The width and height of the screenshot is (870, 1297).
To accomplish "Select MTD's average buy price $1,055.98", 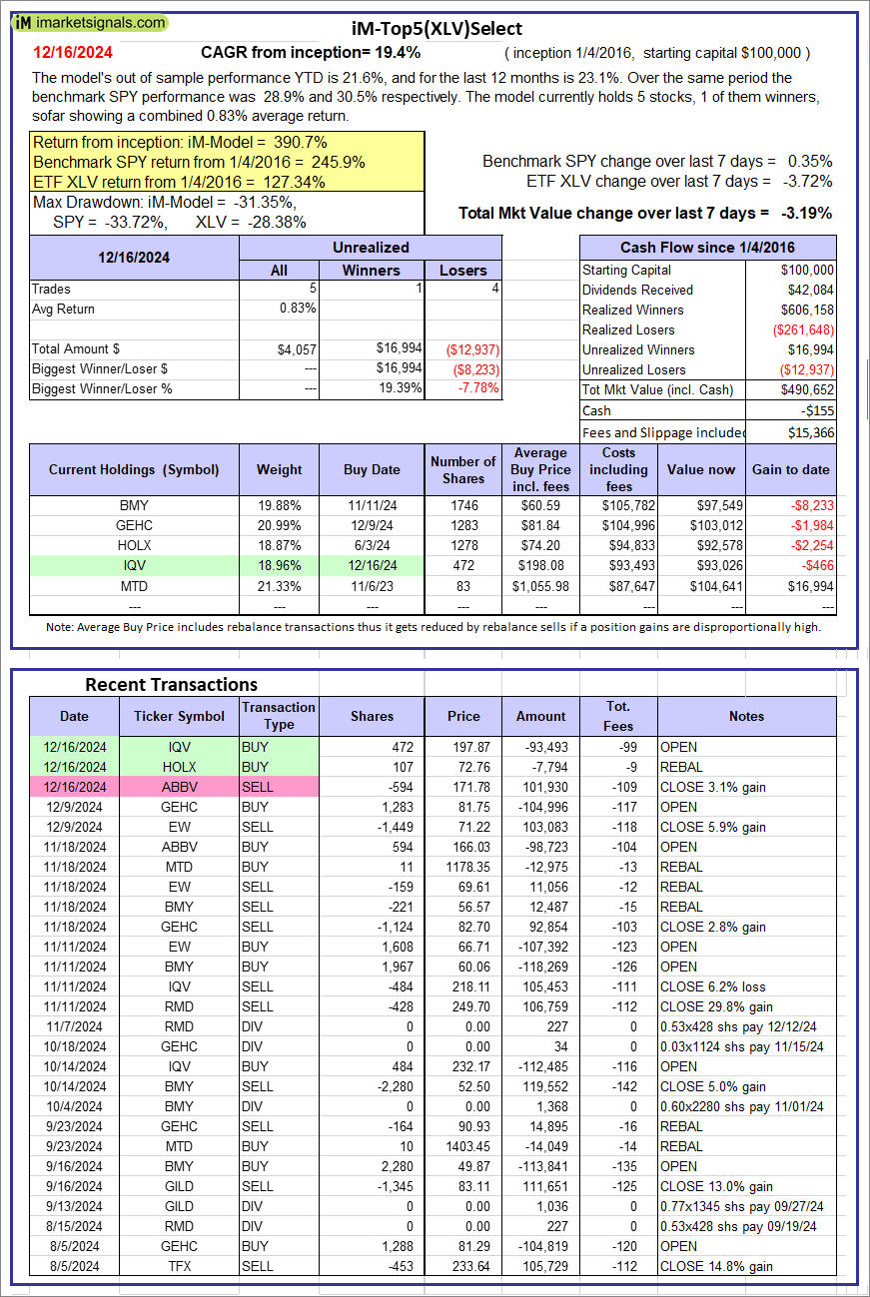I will [x=540, y=585].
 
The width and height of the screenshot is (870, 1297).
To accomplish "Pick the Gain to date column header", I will [x=791, y=469].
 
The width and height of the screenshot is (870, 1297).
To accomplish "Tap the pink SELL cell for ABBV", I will [x=279, y=787].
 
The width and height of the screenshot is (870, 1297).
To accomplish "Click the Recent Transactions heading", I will [x=171, y=684].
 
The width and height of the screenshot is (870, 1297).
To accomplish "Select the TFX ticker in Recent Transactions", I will [x=179, y=1266].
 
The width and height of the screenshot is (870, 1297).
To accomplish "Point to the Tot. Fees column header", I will [x=618, y=716].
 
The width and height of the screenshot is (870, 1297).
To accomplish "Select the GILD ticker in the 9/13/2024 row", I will [x=179, y=1206].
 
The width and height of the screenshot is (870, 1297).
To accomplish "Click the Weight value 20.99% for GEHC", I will [x=279, y=525].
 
